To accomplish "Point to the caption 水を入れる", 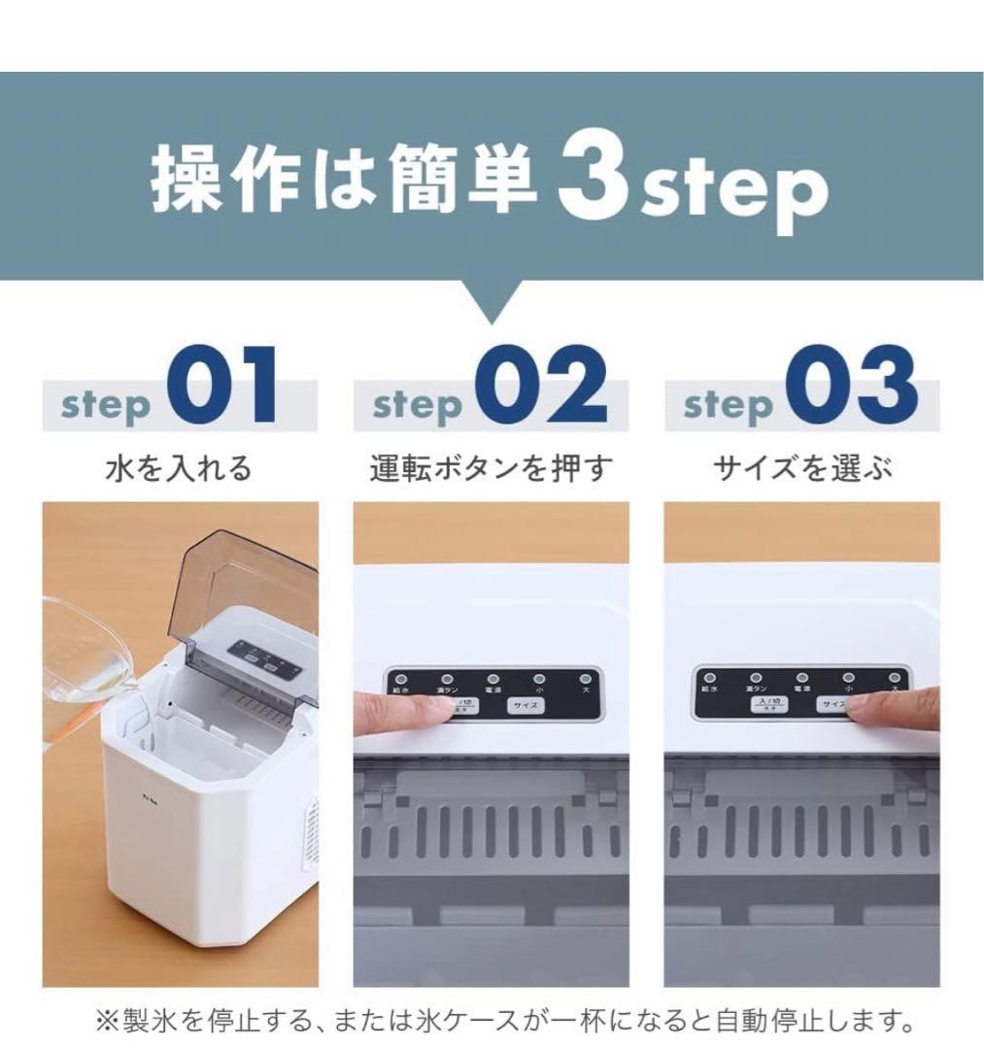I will pyautogui.click(x=179, y=469).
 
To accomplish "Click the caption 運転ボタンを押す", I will pyautogui.click(x=492, y=469).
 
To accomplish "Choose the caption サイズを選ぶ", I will pyautogui.click(x=802, y=469).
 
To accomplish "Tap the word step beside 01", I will pyautogui.click(x=106, y=405).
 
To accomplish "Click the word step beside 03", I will pyautogui.click(x=728, y=405).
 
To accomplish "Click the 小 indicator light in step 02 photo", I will pyautogui.click(x=538, y=679).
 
